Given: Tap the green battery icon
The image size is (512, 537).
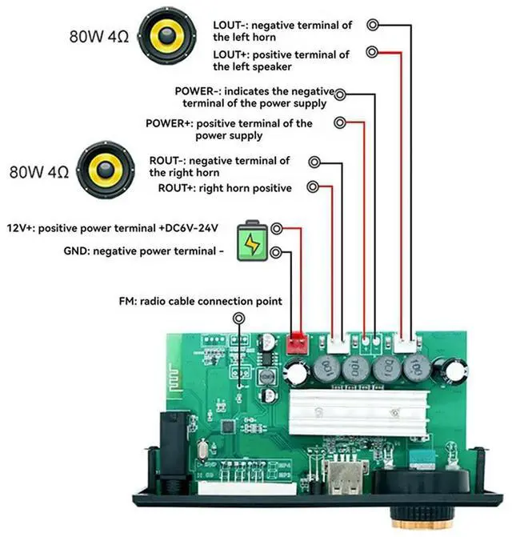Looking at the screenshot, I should [x=252, y=241].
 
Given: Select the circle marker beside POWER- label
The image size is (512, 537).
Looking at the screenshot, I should [x=342, y=94].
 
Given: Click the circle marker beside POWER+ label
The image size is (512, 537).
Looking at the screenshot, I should [x=340, y=122].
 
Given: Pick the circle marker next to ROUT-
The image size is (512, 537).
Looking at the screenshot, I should [x=314, y=162].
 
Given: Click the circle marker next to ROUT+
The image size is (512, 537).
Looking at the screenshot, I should [x=314, y=187].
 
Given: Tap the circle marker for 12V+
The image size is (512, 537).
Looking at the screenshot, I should [x=276, y=228].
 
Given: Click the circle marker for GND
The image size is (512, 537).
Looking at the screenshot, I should [x=276, y=253].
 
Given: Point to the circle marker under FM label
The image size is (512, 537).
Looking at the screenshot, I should [x=238, y=319].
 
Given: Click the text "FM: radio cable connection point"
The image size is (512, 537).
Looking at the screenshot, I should [x=199, y=302].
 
